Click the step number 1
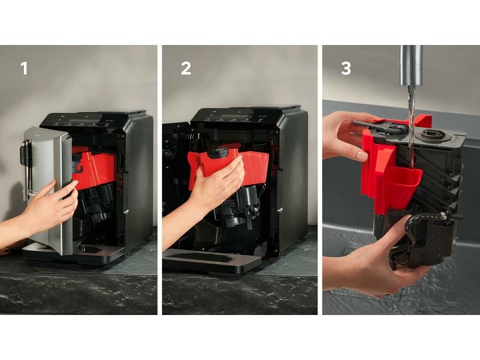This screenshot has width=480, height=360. coord(24,68)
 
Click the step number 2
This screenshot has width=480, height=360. coord(186,68)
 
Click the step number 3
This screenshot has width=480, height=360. coord(346,68)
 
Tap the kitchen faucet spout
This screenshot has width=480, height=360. coord(412,65)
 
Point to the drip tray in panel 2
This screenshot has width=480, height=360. coord(211,260)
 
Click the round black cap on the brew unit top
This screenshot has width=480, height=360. coord(432,134)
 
